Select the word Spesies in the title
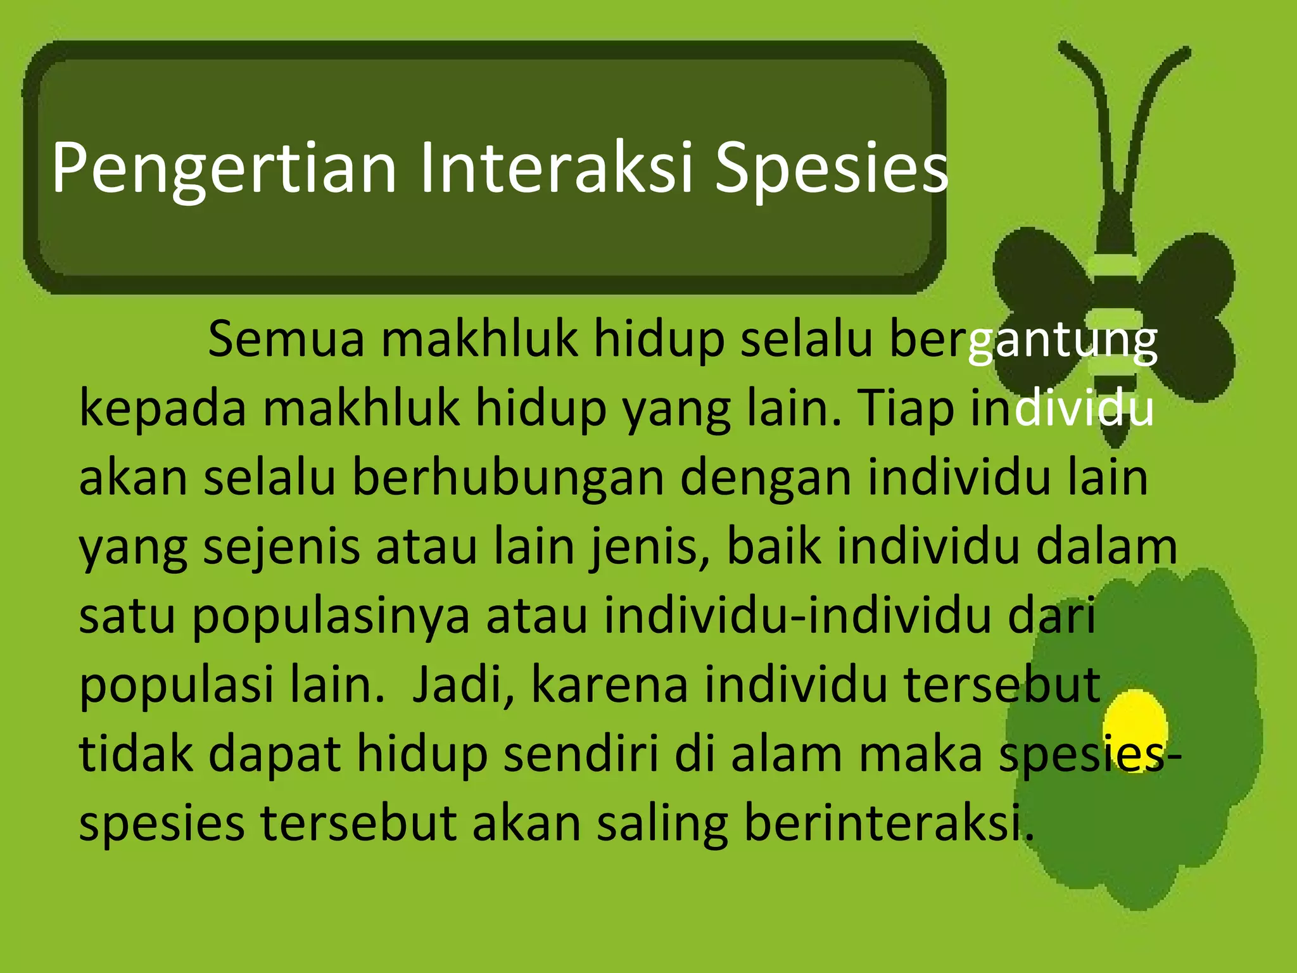(x=831, y=169)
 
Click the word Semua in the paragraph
(x=286, y=340)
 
